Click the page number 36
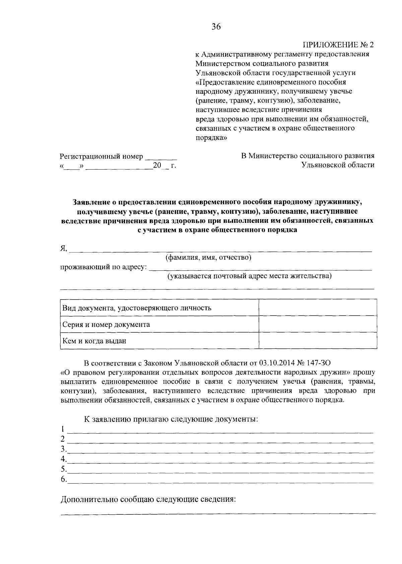pyautogui.click(x=216, y=27)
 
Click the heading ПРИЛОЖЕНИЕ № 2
pyautogui.click(x=338, y=45)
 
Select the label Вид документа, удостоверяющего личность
pyautogui.click(x=137, y=308)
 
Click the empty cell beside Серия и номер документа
pyautogui.click(x=318, y=324)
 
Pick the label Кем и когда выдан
pyautogui.click(x=94, y=341)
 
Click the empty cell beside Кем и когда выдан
pyautogui.click(x=318, y=341)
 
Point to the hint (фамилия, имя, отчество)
pyautogui.click(x=208, y=257)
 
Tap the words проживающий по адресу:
pyautogui.click(x=104, y=267)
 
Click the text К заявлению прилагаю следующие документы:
pyautogui.click(x=171, y=419)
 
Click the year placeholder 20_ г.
pyautogui.click(x=164, y=166)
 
